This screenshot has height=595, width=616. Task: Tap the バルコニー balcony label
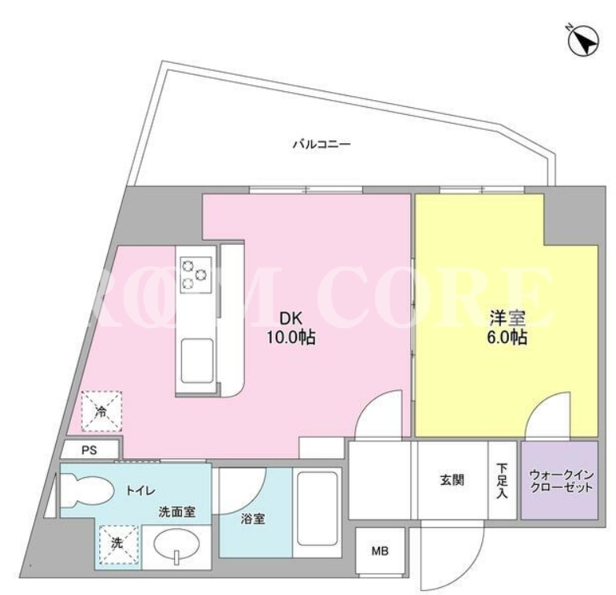point(321,145)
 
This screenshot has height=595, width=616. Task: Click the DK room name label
point(291,318)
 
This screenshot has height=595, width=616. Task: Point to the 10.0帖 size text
point(291,337)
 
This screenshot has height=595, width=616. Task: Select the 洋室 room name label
point(507,318)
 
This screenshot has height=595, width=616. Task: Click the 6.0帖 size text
point(507,337)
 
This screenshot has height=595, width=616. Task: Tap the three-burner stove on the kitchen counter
point(195,275)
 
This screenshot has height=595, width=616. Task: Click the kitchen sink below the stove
point(197,360)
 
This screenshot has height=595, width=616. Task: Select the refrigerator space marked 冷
point(102,412)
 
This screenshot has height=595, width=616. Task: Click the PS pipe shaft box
point(90,449)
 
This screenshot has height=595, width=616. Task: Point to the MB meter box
point(380,551)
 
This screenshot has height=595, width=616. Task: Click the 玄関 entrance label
point(452,479)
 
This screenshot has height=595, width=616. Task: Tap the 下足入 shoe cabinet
point(502,480)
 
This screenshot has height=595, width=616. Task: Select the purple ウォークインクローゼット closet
point(559,479)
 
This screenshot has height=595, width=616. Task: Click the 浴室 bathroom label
point(253,519)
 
